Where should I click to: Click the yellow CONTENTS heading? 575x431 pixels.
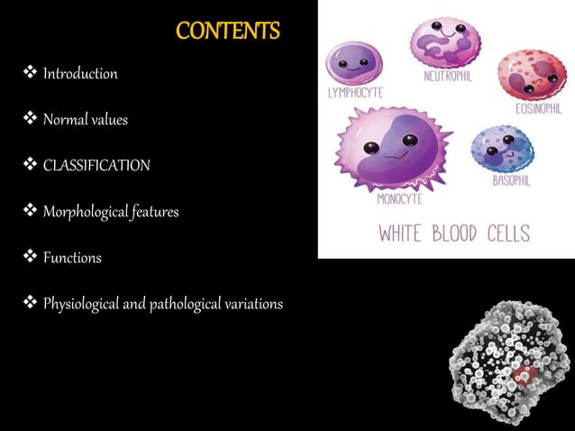[227, 32]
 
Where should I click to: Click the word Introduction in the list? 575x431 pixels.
[80, 74]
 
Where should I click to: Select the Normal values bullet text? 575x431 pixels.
[86, 119]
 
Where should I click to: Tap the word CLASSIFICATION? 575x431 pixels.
[96, 166]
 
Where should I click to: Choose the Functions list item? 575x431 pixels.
[72, 258]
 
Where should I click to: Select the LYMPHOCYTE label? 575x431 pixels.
[355, 93]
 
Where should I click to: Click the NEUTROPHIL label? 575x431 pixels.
[448, 77]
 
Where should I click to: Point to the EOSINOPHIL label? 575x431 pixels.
[539, 109]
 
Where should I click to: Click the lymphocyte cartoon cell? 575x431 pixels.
[353, 63]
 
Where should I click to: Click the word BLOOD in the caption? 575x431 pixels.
[474, 234]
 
